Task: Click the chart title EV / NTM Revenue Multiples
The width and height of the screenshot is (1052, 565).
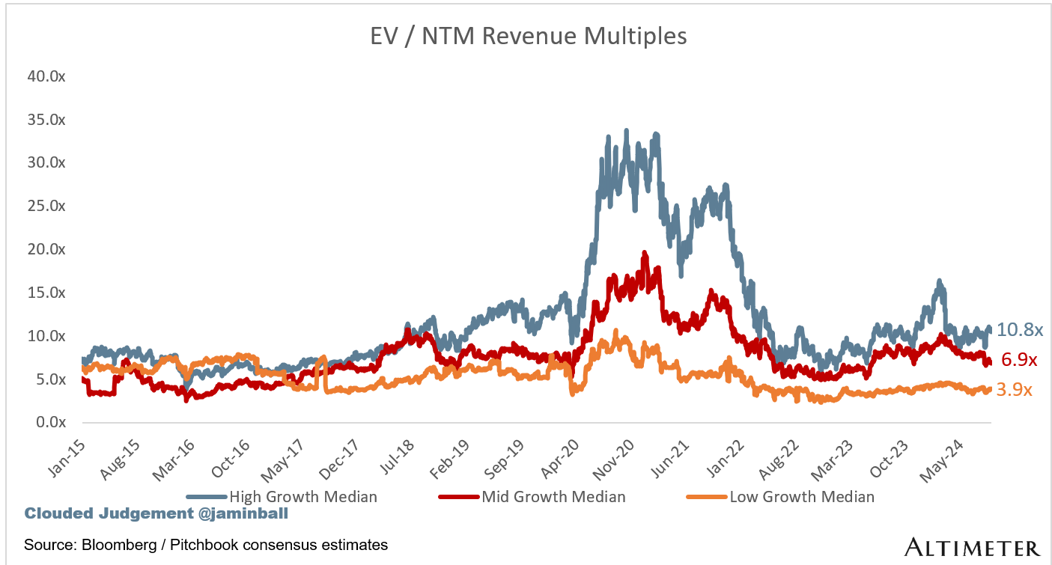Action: point(529,36)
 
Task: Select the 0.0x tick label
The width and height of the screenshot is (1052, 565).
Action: point(47,423)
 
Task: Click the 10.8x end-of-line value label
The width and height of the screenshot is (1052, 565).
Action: point(1019,329)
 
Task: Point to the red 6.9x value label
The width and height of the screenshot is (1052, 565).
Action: point(1018,360)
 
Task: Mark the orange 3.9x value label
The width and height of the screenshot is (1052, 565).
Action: point(1014,390)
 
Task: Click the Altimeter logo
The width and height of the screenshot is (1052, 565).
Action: point(972,547)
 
